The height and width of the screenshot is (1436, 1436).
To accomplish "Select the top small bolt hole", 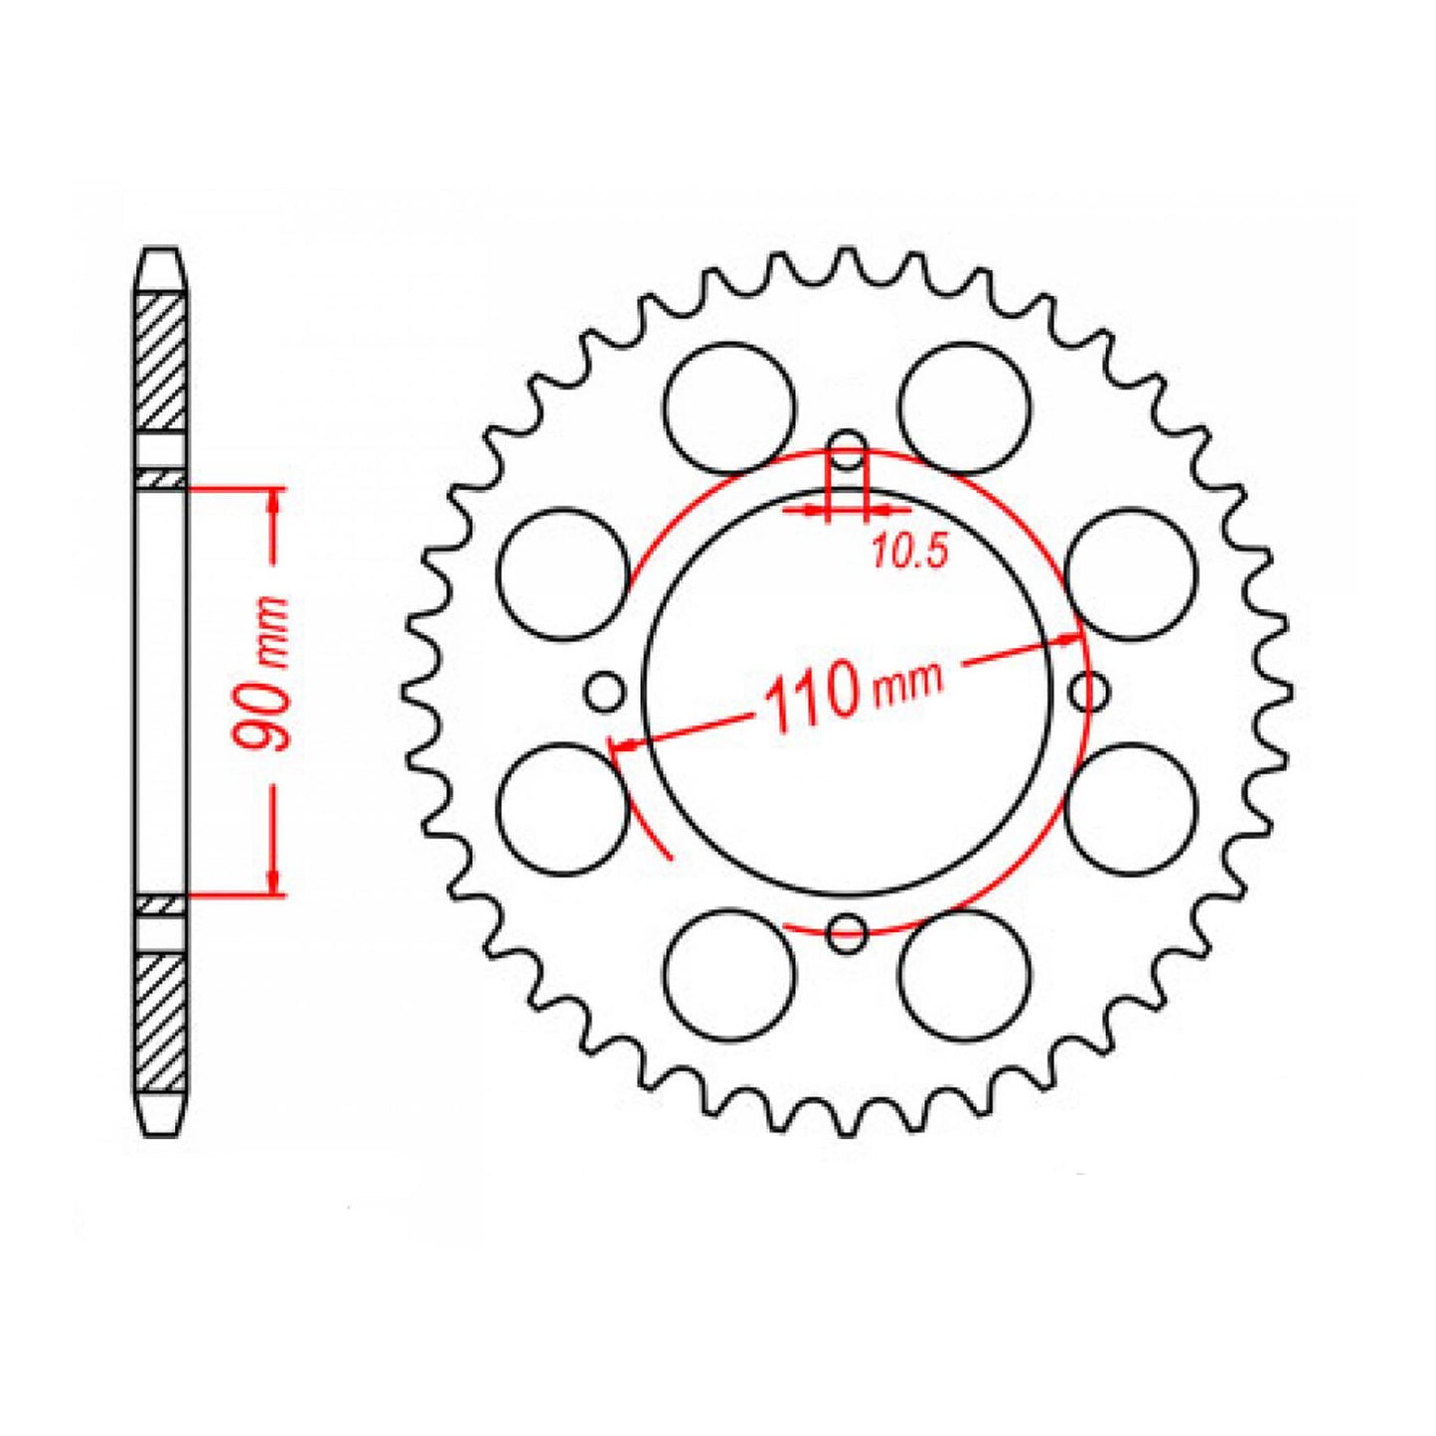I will pyautogui.click(x=848, y=443).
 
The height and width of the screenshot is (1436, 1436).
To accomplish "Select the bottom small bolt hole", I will pyautogui.click(x=848, y=930).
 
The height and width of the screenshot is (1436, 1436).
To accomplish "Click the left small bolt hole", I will pyautogui.click(x=603, y=691).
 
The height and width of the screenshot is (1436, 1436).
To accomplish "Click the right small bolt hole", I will pyautogui.click(x=1091, y=691).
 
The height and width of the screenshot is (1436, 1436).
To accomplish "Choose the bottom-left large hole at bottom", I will pyautogui.click(x=729, y=975).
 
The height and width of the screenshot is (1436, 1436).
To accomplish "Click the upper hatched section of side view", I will pyautogui.click(x=161, y=362).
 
